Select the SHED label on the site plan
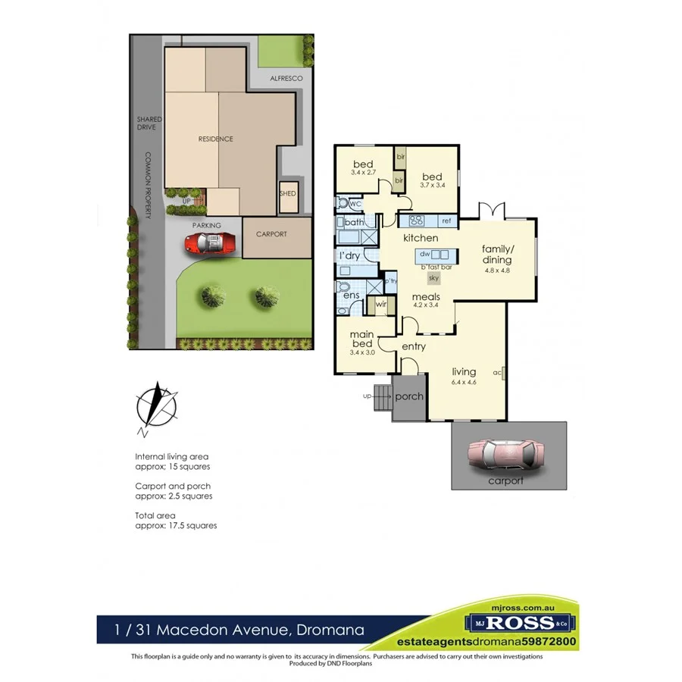tap(288, 193)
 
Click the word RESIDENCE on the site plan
tap(215, 139)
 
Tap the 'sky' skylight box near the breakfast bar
tap(434, 278)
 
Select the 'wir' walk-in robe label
tap(381, 305)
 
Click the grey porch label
tap(410, 396)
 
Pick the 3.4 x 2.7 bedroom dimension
tap(363, 174)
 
